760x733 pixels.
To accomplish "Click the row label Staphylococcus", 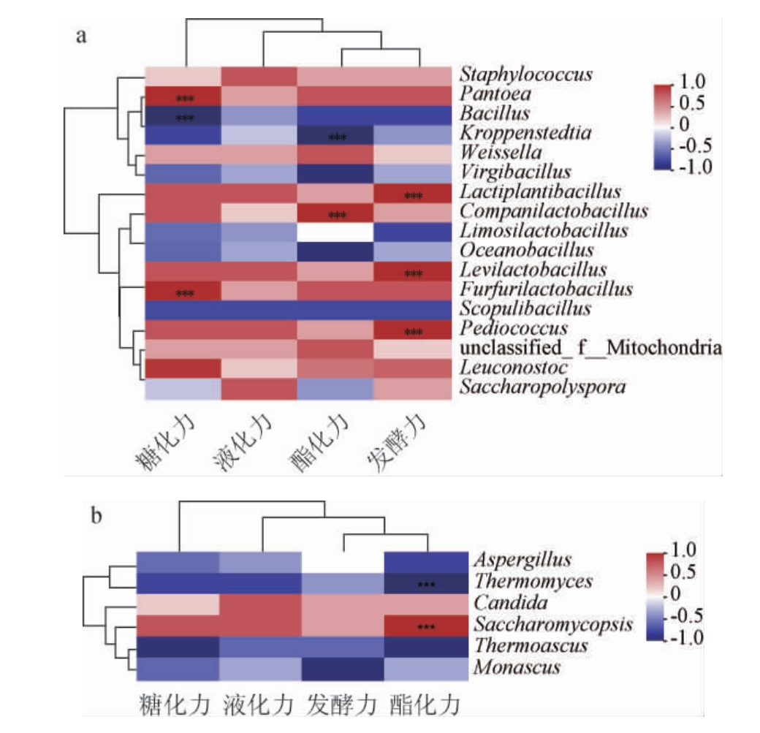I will point(525,75).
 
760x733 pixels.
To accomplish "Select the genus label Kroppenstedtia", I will point(525,133).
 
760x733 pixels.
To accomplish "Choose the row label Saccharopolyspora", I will point(542,387).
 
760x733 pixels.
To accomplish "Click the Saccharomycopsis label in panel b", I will point(552,625).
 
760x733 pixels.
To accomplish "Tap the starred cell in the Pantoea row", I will point(183,95).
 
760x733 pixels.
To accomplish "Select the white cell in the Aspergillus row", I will point(343,561).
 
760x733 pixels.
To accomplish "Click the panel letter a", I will point(82,36).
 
